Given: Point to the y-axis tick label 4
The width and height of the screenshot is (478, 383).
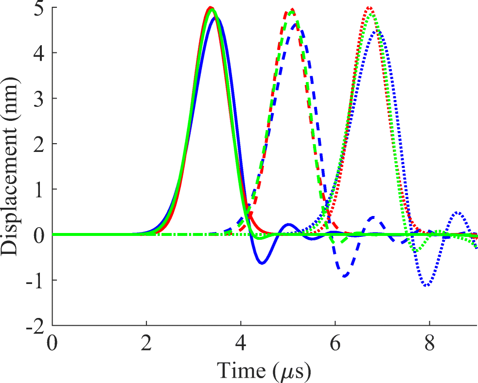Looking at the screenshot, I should point(41,53).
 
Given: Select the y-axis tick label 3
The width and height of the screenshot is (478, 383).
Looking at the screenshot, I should point(41,99).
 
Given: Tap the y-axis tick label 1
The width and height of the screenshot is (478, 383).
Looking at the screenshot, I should point(41,189).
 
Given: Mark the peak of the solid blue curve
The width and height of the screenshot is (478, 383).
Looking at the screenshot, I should point(214,17).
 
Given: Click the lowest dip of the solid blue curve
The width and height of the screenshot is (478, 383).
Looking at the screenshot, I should point(262,264).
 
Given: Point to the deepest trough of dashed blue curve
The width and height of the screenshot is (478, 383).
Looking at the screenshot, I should point(345,276).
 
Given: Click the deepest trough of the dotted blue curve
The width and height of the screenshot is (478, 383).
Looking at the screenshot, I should point(427,285).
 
